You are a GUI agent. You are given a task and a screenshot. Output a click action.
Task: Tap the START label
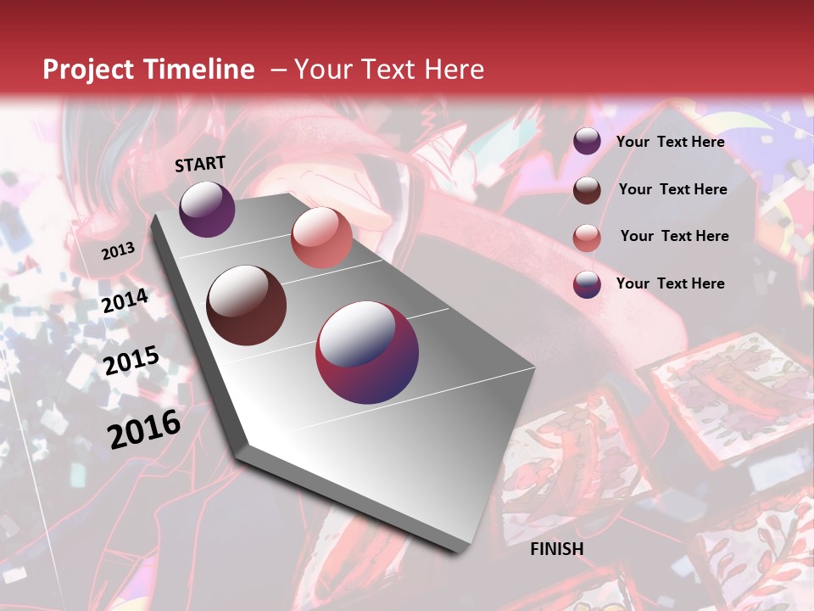click(200, 164)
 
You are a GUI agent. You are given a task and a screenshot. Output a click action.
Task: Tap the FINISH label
click(557, 549)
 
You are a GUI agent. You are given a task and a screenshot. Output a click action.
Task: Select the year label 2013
click(118, 250)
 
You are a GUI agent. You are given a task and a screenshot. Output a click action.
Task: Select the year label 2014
click(125, 301)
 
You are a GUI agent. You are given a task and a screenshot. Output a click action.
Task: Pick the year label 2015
click(131, 361)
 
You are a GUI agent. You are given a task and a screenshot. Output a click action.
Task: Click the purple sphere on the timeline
click(207, 209)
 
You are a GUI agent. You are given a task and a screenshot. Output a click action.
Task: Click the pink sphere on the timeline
click(321, 238)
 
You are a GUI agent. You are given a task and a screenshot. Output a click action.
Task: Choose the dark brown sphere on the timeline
click(247, 305)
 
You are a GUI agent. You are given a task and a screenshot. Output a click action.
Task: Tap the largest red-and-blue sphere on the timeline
click(367, 352)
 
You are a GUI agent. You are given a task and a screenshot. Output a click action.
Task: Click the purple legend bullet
click(587, 142)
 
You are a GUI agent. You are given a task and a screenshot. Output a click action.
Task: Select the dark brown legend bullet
click(587, 190)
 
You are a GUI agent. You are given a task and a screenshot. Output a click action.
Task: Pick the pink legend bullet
click(587, 238)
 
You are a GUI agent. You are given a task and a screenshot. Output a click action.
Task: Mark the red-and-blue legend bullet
click(587, 284)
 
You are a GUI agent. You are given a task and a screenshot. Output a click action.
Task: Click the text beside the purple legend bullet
click(670, 142)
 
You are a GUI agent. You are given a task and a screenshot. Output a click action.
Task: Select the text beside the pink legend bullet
click(674, 236)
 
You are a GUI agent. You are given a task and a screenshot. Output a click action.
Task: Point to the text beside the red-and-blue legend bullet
click(670, 283)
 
